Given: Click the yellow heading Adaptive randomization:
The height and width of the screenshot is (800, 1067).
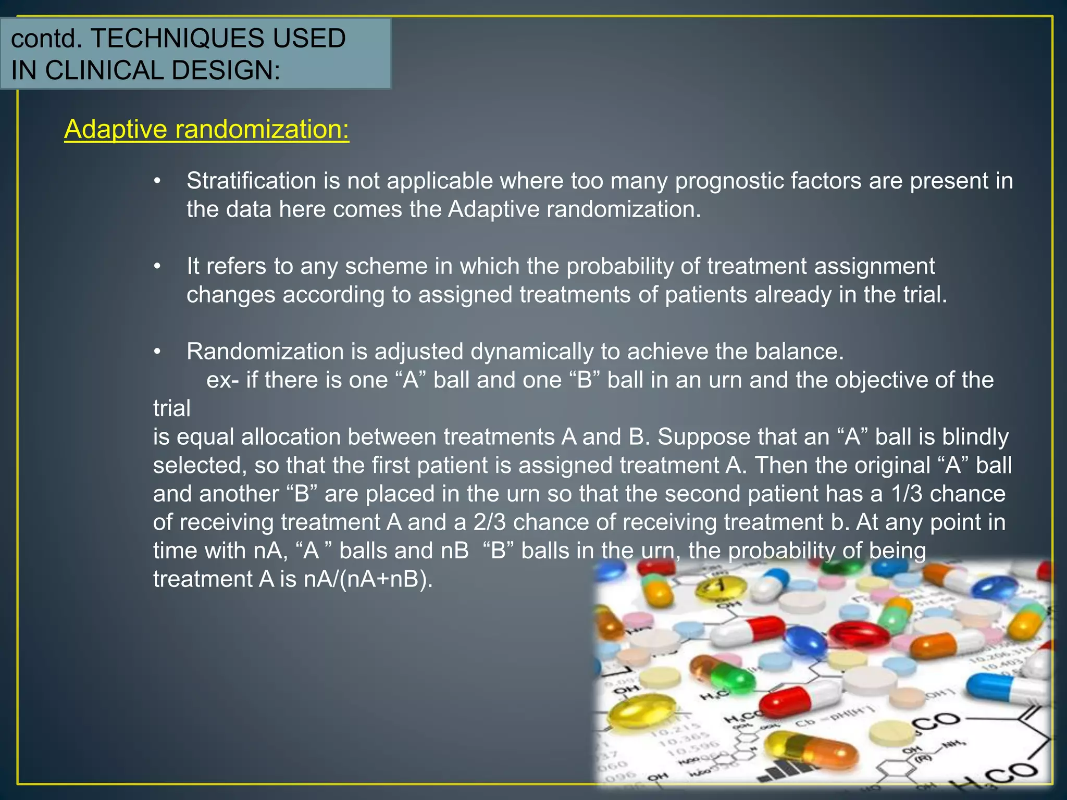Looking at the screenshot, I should pos(206,129).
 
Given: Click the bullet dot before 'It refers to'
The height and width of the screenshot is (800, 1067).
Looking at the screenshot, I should pos(157,267).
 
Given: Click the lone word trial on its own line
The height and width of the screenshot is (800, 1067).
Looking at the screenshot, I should pos(171,408).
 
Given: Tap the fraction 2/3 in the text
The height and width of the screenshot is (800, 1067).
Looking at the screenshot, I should pos(489,522).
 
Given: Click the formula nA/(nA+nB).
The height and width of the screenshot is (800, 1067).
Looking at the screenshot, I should pos(368,579).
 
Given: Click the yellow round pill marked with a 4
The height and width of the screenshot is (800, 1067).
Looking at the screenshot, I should pos(721,589).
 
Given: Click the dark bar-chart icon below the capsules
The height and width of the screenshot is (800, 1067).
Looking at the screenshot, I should pos(787,770).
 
